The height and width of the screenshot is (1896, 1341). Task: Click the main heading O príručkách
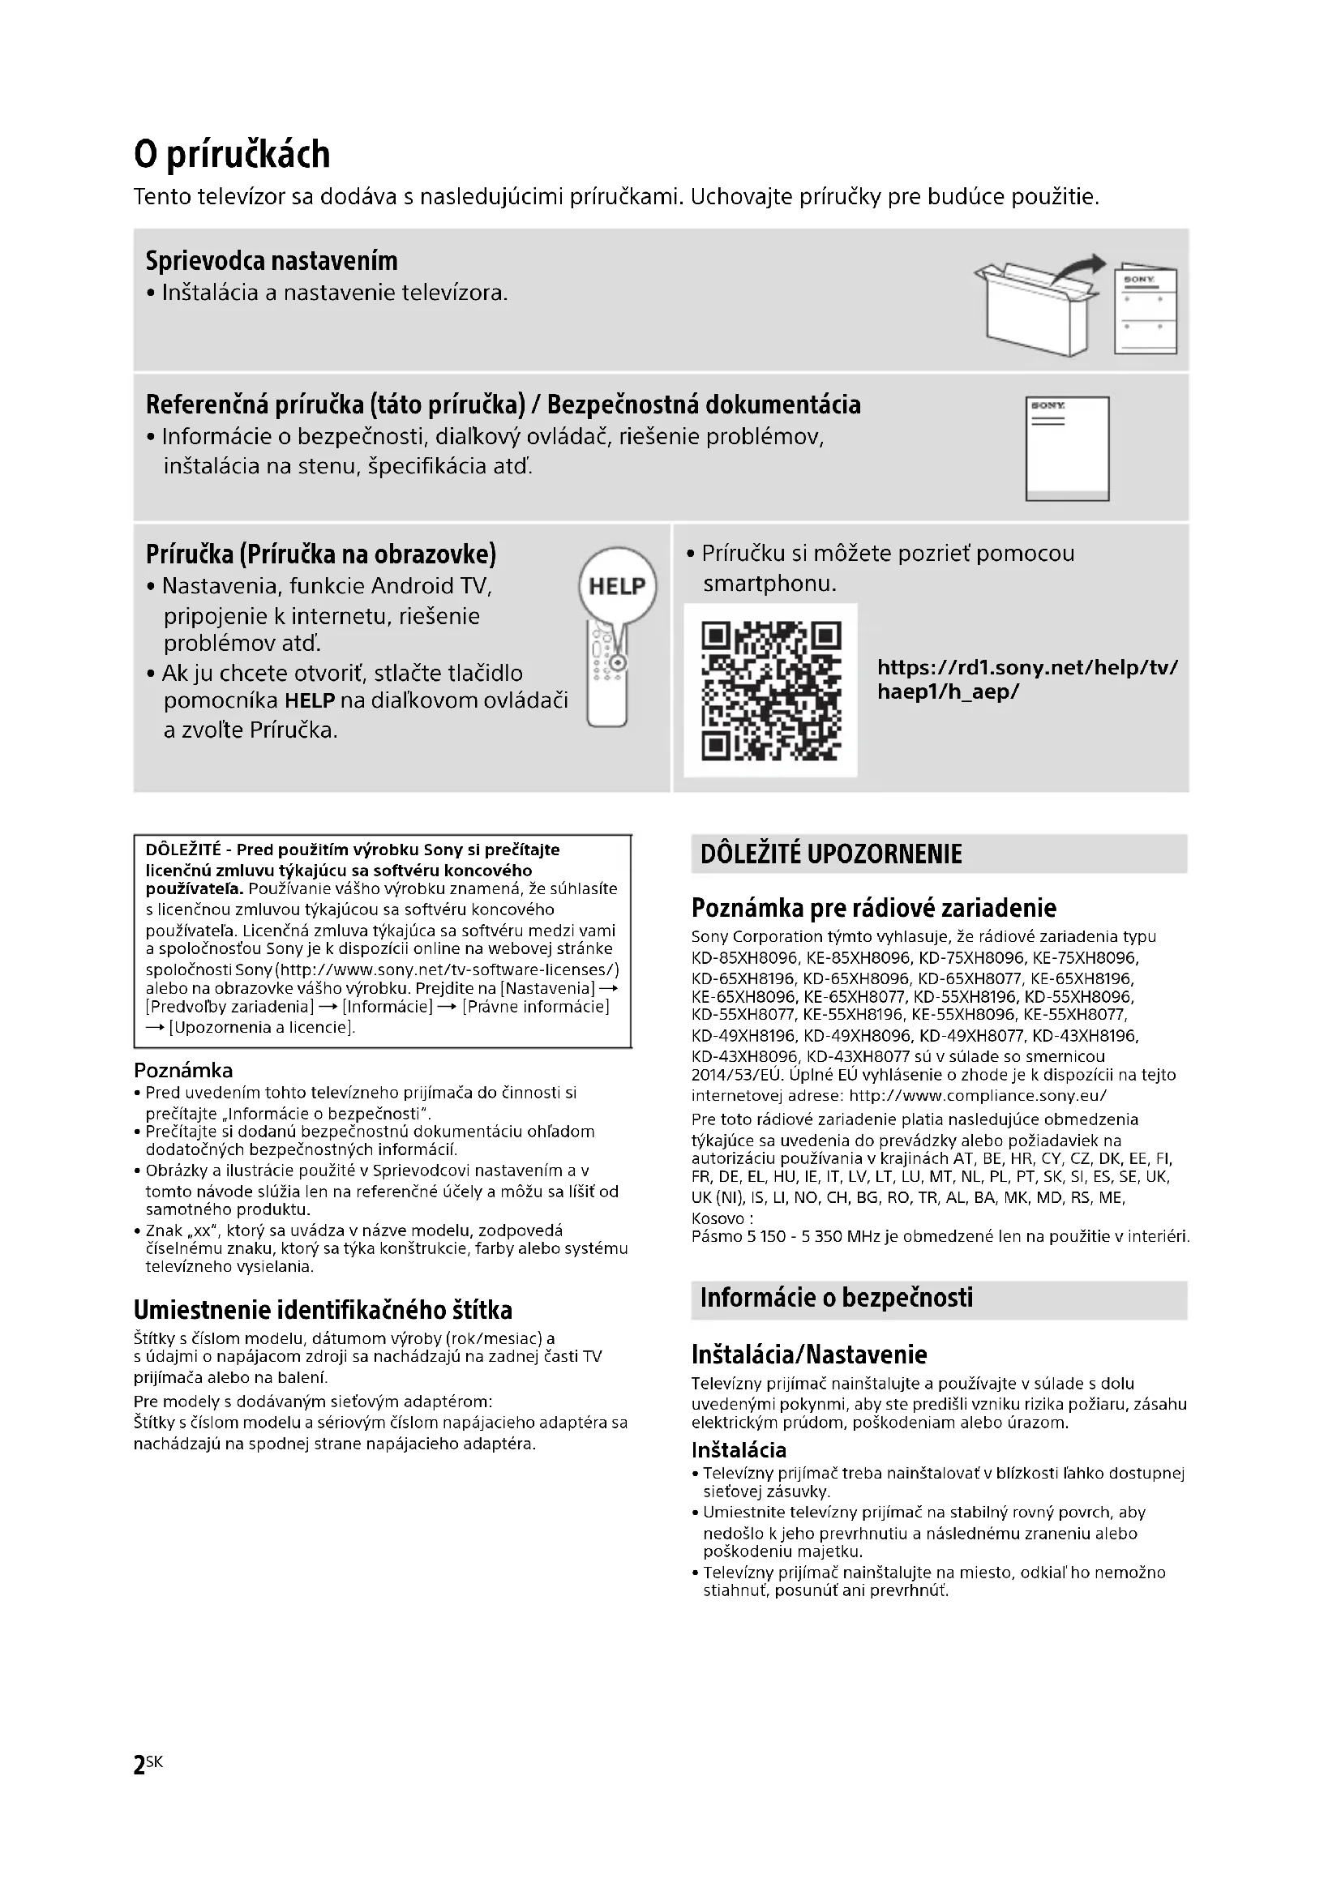click(x=232, y=155)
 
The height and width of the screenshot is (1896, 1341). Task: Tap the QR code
click(x=770, y=691)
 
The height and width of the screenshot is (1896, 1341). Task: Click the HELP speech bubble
click(x=618, y=585)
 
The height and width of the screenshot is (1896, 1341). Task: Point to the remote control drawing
click(x=607, y=677)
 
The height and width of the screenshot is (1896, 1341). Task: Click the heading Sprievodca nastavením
click(x=272, y=261)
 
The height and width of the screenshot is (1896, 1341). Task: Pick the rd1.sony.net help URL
click(x=1027, y=679)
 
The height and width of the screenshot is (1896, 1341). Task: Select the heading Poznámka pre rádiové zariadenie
click(x=874, y=909)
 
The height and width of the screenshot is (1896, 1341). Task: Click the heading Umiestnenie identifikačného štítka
click(x=323, y=1310)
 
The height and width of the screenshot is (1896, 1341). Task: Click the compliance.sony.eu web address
click(x=978, y=1096)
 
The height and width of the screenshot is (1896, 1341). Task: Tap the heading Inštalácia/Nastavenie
click(x=809, y=1355)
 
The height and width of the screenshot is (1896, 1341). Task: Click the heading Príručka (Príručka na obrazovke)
click(x=321, y=554)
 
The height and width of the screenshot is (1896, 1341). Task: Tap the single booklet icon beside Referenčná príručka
click(x=1067, y=448)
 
